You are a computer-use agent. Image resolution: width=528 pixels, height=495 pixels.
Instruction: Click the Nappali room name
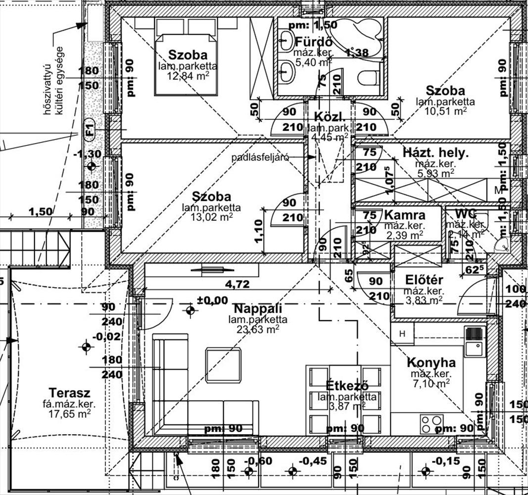click(x=257, y=308)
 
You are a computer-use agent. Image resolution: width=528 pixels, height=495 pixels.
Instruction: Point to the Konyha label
click(x=431, y=363)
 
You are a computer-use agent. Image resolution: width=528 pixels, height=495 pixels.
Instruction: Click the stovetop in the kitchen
click(x=432, y=424)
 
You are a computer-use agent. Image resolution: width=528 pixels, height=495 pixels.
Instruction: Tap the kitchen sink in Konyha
click(x=474, y=342)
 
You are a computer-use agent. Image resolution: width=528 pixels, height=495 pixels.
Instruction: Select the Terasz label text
click(x=69, y=394)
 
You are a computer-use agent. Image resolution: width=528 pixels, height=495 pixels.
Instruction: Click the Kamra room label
click(x=404, y=215)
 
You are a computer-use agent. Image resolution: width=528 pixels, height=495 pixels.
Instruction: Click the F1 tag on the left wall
click(x=89, y=129)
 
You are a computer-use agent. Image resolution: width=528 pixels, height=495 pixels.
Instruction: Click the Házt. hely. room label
click(x=435, y=152)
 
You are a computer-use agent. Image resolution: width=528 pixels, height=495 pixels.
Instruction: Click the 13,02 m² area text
click(x=211, y=216)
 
